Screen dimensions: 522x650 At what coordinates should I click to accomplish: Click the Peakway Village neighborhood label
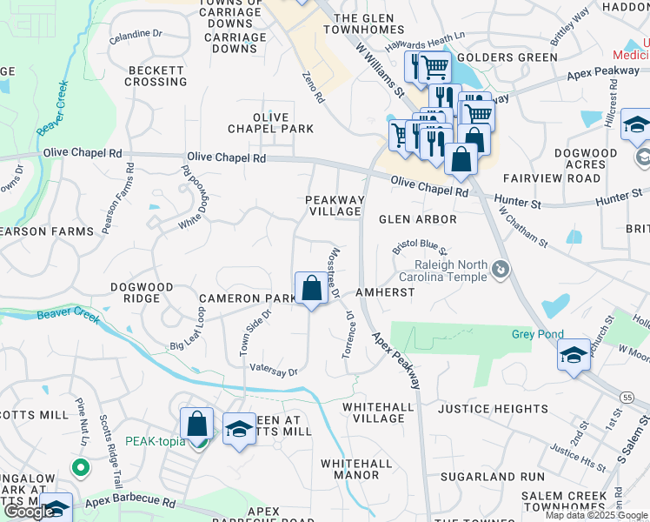pyautogui.click(x=334, y=205)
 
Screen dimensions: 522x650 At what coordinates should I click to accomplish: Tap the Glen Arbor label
pyautogui.click(x=417, y=219)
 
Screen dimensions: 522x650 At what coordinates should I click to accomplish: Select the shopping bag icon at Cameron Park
pyautogui.click(x=311, y=288)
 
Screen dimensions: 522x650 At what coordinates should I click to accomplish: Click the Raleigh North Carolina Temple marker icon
pyautogui.click(x=501, y=271)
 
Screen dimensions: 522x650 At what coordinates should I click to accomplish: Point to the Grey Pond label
pyautogui.click(x=537, y=334)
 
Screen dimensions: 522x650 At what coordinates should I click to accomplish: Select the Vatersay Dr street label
pyautogui.click(x=274, y=371)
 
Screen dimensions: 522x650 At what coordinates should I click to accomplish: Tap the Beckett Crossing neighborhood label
pyautogui.click(x=156, y=76)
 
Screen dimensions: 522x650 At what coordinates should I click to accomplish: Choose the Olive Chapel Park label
pyautogui.click(x=270, y=123)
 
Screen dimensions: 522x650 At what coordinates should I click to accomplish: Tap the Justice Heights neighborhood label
pyautogui.click(x=493, y=409)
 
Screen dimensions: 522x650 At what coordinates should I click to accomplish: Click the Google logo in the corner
pyautogui.click(x=29, y=512)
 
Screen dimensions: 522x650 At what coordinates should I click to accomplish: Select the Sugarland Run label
pyautogui.click(x=492, y=477)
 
